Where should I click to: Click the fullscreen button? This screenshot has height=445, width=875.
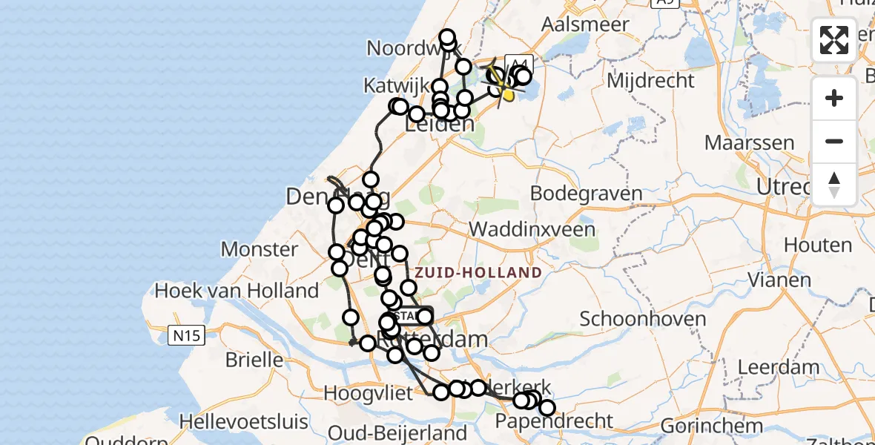click(x=834, y=40)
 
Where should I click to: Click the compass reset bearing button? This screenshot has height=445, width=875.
click(x=834, y=184)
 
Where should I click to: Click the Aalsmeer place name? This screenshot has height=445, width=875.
click(x=585, y=24)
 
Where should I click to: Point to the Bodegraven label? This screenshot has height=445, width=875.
click(x=587, y=194)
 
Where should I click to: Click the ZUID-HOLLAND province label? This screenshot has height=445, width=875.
click(x=478, y=273)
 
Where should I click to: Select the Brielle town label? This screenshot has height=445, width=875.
click(x=254, y=360)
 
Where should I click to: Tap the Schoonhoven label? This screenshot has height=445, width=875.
click(x=643, y=320)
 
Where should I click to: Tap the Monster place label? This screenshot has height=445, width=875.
click(x=260, y=249)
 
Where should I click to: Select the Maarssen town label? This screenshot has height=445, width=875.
click(x=750, y=142)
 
